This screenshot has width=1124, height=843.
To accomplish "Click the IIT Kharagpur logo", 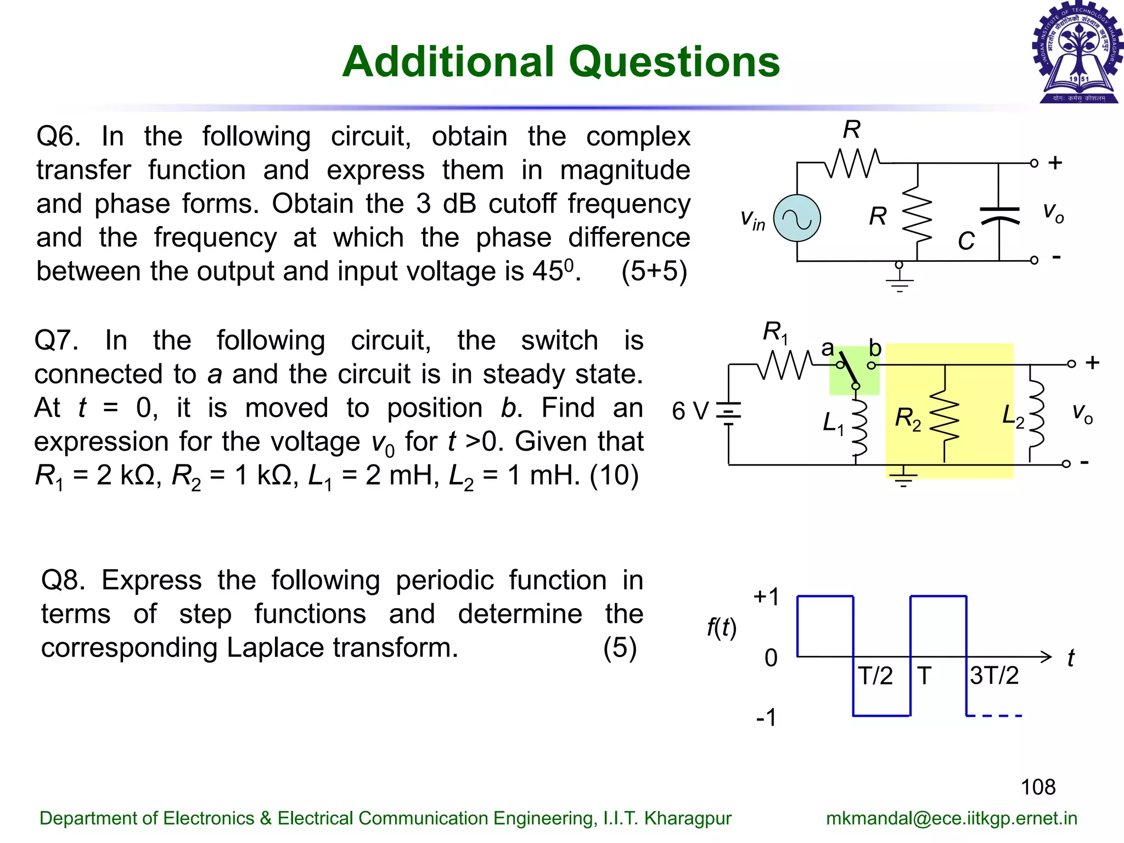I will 1078,53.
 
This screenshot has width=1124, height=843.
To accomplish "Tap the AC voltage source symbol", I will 797,218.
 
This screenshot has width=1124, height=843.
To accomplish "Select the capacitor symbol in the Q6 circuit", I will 999,215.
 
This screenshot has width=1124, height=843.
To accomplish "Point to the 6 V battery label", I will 690,411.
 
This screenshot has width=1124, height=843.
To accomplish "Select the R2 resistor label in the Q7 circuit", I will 908,418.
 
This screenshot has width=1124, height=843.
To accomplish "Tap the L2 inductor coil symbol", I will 1036,414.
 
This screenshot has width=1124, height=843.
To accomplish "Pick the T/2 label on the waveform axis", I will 875,676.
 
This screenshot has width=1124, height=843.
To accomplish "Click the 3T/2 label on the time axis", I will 994,676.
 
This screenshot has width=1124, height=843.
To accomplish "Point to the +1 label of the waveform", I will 766,597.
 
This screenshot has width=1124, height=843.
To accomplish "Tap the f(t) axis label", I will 721,627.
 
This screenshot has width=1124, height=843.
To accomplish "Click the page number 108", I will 1038,787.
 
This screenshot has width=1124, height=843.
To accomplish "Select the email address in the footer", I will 952,818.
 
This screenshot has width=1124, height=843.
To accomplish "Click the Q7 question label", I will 55,340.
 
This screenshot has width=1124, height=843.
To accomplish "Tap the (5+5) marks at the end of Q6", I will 654,271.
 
